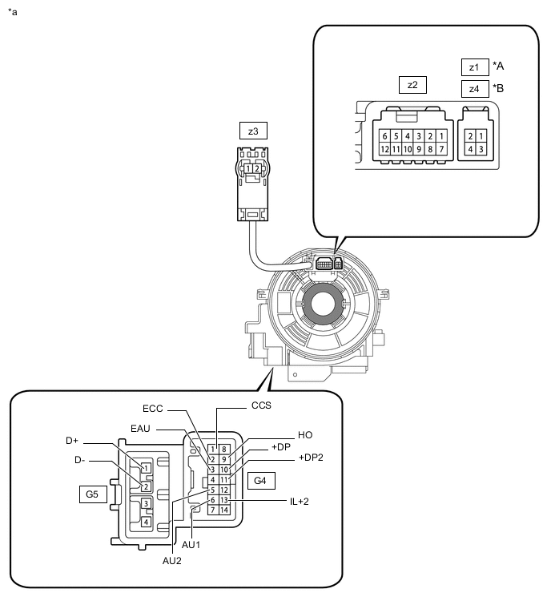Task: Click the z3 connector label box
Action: click(x=252, y=130)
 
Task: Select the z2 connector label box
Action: click(x=412, y=84)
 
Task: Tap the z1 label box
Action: click(x=474, y=67)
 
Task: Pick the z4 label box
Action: click(x=474, y=89)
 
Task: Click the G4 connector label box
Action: click(x=261, y=481)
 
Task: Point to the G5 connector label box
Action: click(x=92, y=494)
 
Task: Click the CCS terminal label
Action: click(x=261, y=405)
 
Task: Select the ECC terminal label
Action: click(x=153, y=409)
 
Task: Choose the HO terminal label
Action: click(x=305, y=434)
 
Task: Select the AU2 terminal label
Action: click(x=173, y=561)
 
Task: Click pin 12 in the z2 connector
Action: click(x=385, y=149)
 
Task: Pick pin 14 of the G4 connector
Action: click(x=224, y=510)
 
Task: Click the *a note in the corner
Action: click(x=12, y=13)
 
